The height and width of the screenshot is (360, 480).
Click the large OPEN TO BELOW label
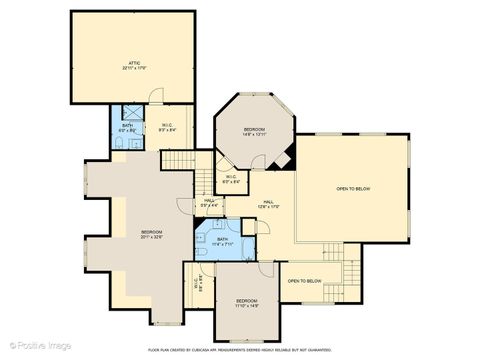tap(353, 188)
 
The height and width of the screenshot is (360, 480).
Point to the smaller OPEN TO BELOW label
tap(305, 281)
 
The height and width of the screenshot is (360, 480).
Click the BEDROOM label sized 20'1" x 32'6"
tap(151, 232)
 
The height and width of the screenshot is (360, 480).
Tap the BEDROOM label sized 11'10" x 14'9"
tap(247, 301)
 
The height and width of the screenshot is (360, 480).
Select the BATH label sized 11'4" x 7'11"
tap(222, 239)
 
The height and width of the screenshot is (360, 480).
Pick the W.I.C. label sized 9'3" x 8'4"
tap(168, 125)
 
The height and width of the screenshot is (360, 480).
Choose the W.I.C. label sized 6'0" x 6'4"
tap(230, 179)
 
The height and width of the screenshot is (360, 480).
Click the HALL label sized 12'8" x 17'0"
tap(269, 202)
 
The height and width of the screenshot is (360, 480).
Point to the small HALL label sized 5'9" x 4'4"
tap(210, 201)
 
